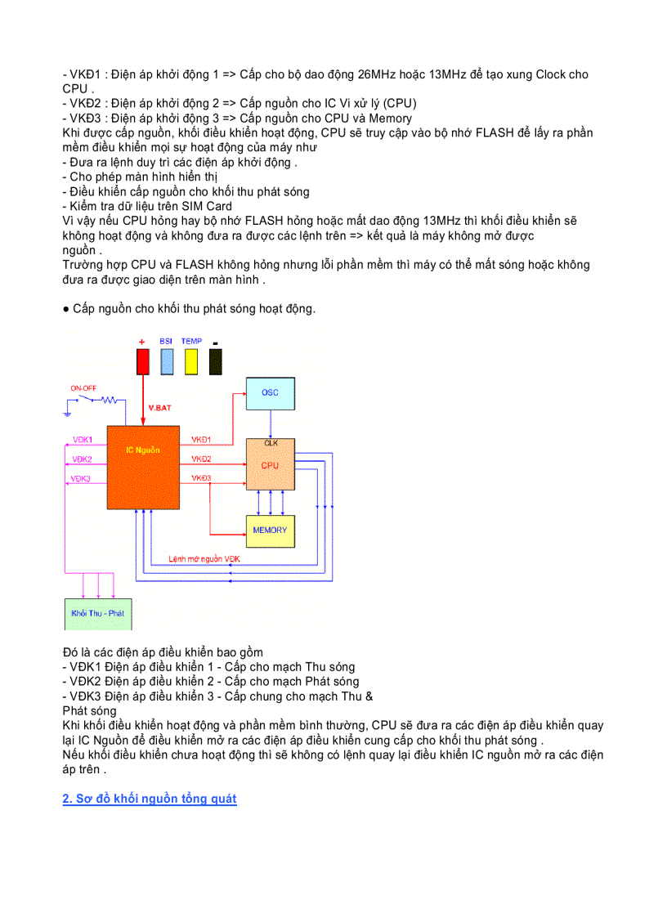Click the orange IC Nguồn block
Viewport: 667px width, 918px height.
pos(143,466)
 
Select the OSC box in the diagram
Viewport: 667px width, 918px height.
pos(270,393)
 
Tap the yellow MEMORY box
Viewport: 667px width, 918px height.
pos(270,530)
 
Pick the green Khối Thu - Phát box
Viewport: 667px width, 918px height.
pos(97,613)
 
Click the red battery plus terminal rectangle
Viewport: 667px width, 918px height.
pos(143,362)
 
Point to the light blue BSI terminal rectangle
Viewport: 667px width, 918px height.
pos(167,362)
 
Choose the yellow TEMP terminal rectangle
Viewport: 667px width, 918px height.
pos(191,362)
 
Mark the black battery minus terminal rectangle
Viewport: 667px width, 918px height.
pos(216,362)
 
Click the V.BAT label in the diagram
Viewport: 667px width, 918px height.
pos(159,407)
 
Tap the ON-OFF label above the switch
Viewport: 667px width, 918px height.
pos(83,387)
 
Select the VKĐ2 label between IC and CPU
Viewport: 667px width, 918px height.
pos(201,459)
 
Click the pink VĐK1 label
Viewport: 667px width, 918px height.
pos(82,440)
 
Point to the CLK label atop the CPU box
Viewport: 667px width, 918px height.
pos(271,443)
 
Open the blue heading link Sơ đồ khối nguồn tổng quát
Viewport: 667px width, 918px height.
pos(150,799)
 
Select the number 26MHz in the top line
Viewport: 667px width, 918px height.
pos(377,74)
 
